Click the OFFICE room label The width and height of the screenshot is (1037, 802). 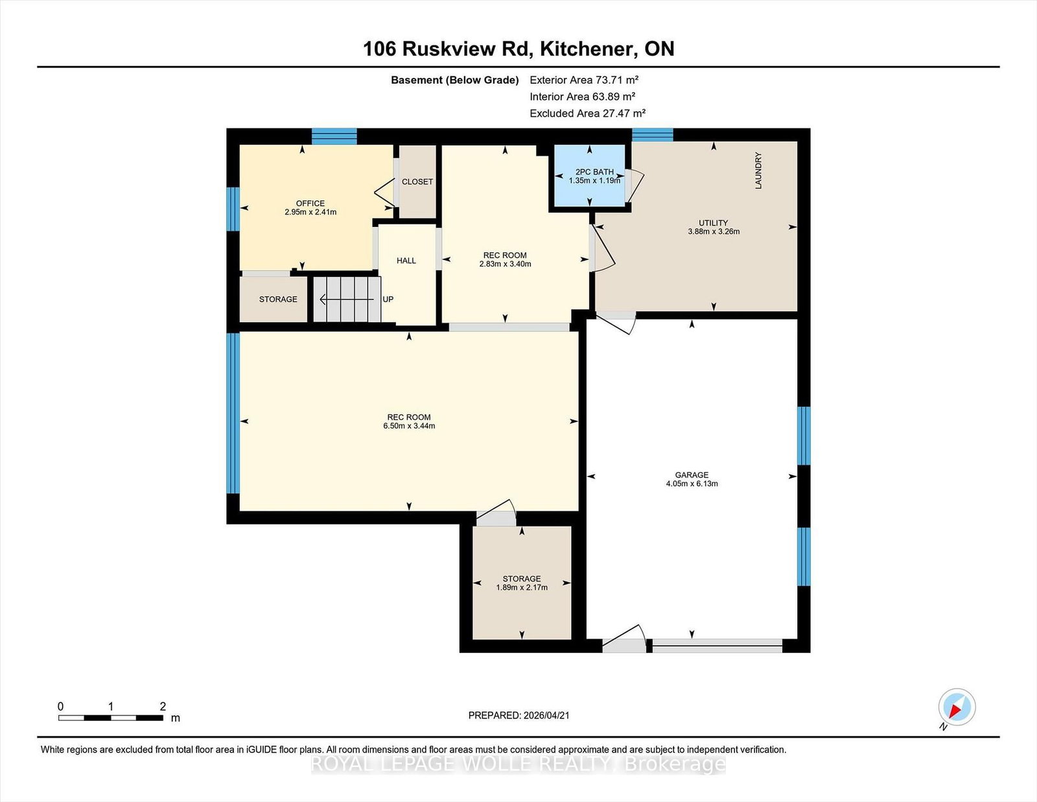click(x=310, y=204)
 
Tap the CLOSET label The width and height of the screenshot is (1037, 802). click(x=417, y=182)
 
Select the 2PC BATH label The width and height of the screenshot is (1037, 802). click(x=594, y=172)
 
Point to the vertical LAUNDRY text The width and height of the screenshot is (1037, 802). click(x=758, y=171)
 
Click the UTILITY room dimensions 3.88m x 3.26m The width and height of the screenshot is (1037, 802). click(x=714, y=231)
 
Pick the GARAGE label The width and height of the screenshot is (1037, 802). click(x=692, y=475)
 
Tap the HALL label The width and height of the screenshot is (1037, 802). click(x=406, y=261)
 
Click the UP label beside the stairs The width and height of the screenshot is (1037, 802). click(x=388, y=300)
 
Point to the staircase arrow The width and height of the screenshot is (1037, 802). click(x=347, y=300)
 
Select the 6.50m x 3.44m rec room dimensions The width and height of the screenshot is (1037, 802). click(x=409, y=426)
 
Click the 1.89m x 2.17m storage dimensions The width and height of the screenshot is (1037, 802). click(x=522, y=587)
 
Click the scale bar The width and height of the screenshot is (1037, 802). click(x=111, y=718)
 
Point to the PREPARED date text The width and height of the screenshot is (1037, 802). click(x=518, y=716)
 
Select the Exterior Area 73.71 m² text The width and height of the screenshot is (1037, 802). click(x=584, y=80)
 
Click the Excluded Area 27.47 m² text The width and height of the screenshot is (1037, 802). click(x=587, y=113)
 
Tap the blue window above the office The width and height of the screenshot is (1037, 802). click(x=334, y=137)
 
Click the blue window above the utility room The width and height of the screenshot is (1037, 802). click(x=653, y=135)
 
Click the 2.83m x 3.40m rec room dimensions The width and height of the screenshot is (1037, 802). click(x=505, y=264)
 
